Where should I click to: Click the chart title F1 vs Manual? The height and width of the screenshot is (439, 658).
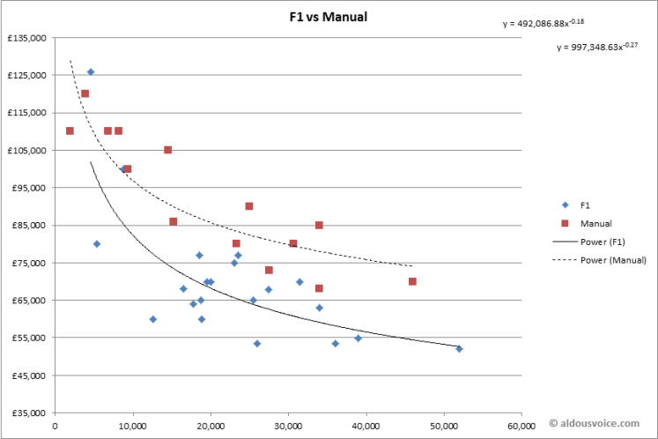(x=328, y=17)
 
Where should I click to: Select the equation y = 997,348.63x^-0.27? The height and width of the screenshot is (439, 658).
(x=597, y=47)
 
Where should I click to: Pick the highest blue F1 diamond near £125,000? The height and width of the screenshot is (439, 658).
(x=91, y=72)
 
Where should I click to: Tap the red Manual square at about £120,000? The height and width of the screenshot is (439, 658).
(x=85, y=93)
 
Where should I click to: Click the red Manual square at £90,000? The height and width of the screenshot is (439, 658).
(x=249, y=206)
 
